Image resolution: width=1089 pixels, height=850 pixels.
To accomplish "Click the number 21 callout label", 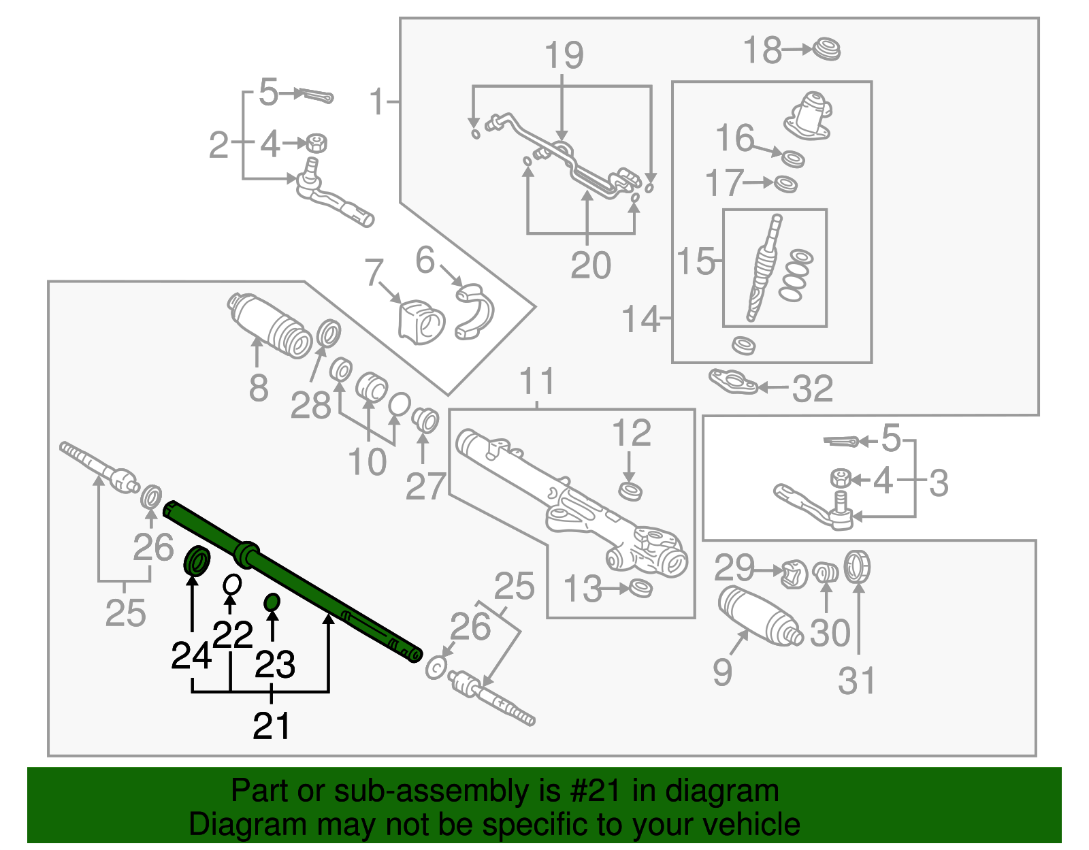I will pos(272,726).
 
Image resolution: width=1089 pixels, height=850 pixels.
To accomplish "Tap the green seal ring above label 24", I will pos(197,561).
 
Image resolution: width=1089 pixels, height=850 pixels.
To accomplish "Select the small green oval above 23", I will pos(272,602).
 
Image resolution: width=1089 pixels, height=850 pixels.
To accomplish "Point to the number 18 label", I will pos(762,51).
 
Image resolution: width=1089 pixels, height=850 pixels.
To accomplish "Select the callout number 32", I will pos(813,389).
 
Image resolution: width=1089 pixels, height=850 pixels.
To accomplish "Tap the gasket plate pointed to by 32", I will pos(732,382).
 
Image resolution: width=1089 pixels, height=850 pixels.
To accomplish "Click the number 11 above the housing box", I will pos(538,382).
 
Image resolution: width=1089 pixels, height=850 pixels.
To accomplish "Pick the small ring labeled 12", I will pos(630,490).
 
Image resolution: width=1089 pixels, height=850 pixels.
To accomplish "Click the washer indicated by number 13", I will pos(640,587).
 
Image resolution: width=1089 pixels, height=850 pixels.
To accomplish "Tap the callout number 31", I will pos(856,681).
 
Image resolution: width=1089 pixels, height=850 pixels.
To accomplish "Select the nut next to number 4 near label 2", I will pos(315,143).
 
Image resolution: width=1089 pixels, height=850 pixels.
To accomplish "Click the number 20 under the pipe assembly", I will pos(591,265).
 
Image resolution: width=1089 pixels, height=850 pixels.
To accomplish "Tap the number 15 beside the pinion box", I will pos(696,262).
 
